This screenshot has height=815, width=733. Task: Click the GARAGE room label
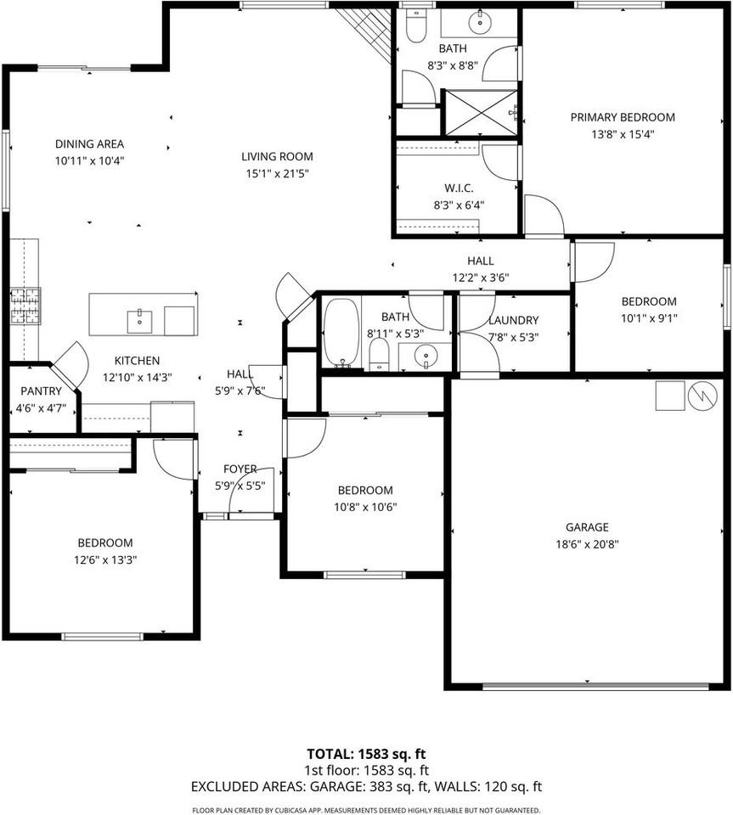[588, 527]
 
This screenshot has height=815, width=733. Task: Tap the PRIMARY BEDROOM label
[622, 117]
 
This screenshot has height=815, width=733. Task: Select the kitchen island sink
[139, 321]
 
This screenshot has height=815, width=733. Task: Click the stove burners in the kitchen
[25, 306]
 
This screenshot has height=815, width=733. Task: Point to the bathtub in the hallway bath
[341, 333]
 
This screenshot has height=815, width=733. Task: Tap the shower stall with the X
[481, 112]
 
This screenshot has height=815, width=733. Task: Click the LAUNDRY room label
[513, 320]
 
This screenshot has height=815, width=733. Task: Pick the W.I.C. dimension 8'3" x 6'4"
[458, 204]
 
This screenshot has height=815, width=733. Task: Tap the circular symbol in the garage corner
[702, 396]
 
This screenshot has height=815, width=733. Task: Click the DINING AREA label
[90, 143]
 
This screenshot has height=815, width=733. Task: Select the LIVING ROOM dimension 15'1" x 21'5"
[277, 173]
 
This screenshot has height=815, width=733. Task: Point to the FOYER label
[240, 469]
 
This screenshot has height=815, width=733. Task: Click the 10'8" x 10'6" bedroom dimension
[365, 507]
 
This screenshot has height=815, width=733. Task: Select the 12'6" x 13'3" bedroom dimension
[105, 559]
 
